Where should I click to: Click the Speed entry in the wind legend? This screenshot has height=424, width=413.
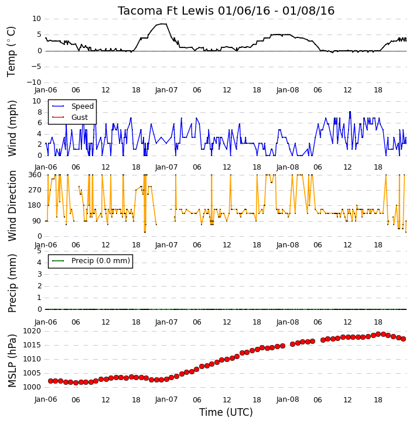coord(83,106)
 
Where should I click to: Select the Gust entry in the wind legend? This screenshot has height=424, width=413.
coord(80,118)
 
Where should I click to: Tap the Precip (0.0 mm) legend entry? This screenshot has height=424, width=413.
coord(101,261)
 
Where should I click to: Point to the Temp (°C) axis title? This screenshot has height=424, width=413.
coord(11,51)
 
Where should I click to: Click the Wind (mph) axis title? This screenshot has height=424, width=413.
coord(12,128)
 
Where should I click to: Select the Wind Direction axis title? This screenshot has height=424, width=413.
coord(12,206)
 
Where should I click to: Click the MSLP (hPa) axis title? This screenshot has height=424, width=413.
coord(12,361)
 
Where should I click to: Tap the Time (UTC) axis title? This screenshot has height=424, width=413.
coord(226,412)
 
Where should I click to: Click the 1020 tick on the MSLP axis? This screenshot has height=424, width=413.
coord(32,331)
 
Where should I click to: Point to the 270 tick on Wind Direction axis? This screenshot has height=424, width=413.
coord(35,190)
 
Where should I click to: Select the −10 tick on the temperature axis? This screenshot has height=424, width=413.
coord(33,82)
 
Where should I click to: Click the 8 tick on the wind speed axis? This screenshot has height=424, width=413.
coord(39,112)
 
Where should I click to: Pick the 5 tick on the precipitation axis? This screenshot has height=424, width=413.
coord(39,251)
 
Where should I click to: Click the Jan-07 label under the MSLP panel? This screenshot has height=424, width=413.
coord(166,399)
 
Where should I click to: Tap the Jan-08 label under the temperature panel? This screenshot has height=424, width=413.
coord(288,90)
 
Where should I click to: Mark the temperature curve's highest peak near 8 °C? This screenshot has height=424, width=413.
coord(162,24)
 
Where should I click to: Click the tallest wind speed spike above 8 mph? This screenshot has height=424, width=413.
coord(350,112)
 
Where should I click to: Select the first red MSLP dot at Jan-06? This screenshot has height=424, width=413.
coord(50,381)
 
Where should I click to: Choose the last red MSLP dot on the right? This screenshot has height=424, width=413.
coord(403,339)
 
